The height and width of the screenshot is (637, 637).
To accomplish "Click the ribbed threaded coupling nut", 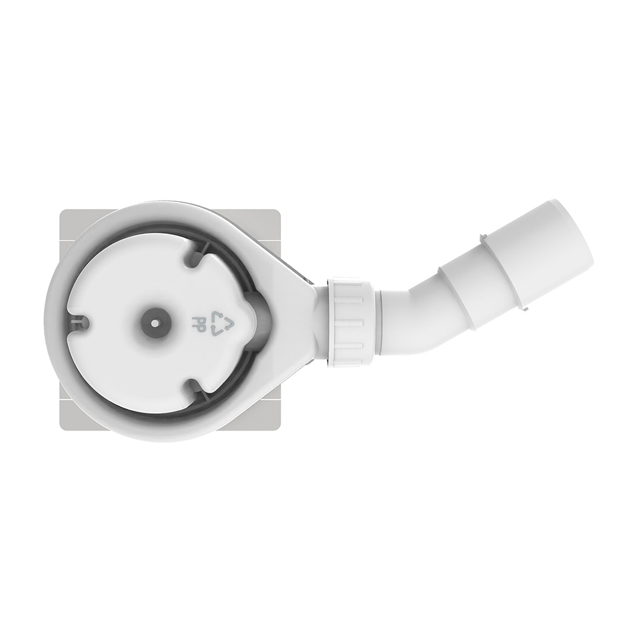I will click(349, 322).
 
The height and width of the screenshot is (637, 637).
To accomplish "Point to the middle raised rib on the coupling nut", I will click(349, 322).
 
